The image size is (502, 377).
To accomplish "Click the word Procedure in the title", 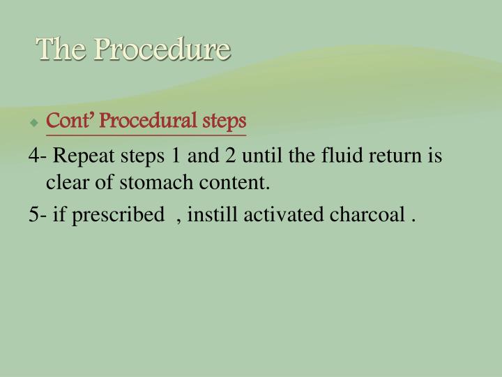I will (x=162, y=50).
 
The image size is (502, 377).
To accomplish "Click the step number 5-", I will (x=38, y=215).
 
